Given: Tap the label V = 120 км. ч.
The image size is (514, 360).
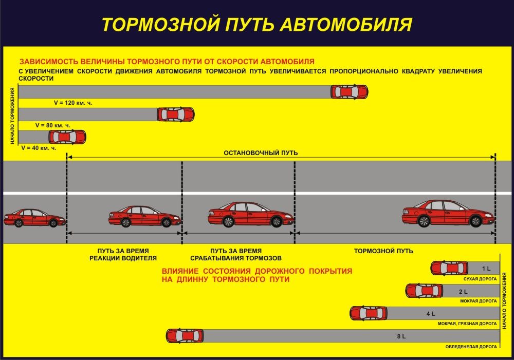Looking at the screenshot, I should point(72,103).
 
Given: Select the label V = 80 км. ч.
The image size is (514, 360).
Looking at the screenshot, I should point(52,125).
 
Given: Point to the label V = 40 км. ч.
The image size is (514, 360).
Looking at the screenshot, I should point(39,147).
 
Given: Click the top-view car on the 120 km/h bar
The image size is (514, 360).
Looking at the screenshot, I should point(349,92).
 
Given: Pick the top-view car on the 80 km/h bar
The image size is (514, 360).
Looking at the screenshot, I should point(175,114).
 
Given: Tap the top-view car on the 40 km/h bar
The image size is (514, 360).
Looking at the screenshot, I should point(67,137).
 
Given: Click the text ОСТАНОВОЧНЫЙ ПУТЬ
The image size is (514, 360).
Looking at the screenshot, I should point(261,153).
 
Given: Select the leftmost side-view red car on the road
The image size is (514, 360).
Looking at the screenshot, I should point(34,218).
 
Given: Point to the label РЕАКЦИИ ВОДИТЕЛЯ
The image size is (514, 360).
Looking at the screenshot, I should point(123,258).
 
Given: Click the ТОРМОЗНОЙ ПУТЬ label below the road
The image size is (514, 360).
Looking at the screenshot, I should point(383,251).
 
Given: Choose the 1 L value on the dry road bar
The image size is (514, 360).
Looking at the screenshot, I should point(486,269).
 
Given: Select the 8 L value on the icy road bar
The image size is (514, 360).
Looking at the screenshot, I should point(401,336).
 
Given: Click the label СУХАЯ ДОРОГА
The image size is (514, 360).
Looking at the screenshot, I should point(480,279).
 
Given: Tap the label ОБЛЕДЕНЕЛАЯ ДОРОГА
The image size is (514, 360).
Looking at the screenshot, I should point(471,347).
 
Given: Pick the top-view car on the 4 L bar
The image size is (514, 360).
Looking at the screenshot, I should point(369,313).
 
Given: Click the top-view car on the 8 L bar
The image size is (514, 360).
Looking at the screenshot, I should point(185,336).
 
